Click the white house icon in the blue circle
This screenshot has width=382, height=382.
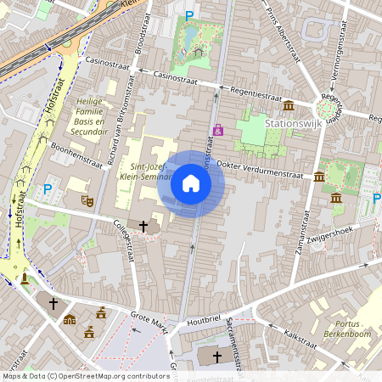coord(191,184)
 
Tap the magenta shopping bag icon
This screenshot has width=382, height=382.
coord(218,130)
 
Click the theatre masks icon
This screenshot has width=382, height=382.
coord(87,200)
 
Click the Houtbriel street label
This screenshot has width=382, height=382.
coord(205,319)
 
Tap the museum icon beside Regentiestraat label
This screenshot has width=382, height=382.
coord(289,105)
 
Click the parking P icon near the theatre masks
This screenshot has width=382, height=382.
coord(48,189)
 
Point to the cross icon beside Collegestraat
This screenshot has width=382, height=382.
coord(143,227)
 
